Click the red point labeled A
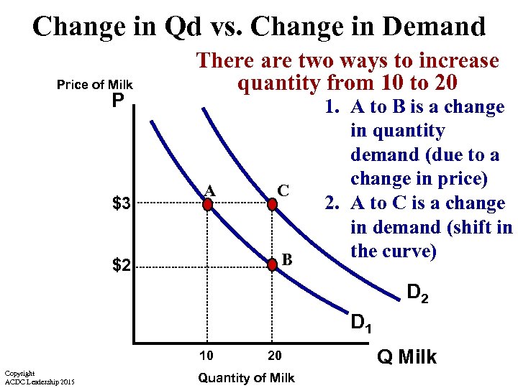pyautogui.click(x=207, y=205)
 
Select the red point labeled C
pyautogui.click(x=272, y=205)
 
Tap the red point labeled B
pyautogui.click(x=272, y=265)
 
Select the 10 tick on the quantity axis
pyautogui.click(x=207, y=356)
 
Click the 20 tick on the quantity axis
pyautogui.click(x=274, y=356)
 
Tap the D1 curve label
pyautogui.click(x=360, y=324)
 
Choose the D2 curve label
pyautogui.click(x=418, y=294)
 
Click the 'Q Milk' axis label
pyautogui.click(x=407, y=356)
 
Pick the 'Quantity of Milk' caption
pyautogui.click(x=246, y=378)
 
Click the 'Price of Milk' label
pyautogui.click(x=94, y=85)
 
